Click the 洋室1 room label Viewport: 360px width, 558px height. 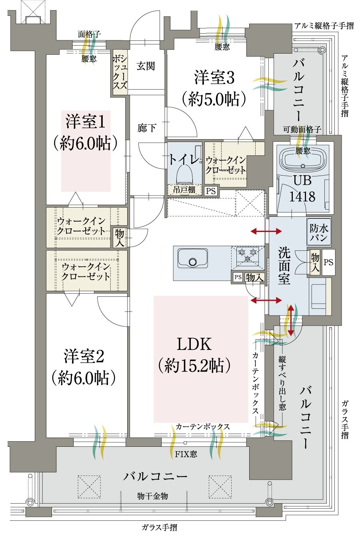click(85, 122)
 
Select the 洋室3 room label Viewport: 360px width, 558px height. click(214, 78)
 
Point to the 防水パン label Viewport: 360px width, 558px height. click(319, 232)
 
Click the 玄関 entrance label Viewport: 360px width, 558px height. click(146, 66)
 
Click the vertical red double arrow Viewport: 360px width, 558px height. click(291, 320)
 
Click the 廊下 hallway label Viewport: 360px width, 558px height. click(147, 128)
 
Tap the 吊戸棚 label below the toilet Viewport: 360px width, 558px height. click(184, 190)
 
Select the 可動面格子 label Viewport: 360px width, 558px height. click(302, 129)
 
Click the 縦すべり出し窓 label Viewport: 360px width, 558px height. click(282, 382)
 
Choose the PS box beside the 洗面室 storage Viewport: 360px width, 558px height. click(328, 262)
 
